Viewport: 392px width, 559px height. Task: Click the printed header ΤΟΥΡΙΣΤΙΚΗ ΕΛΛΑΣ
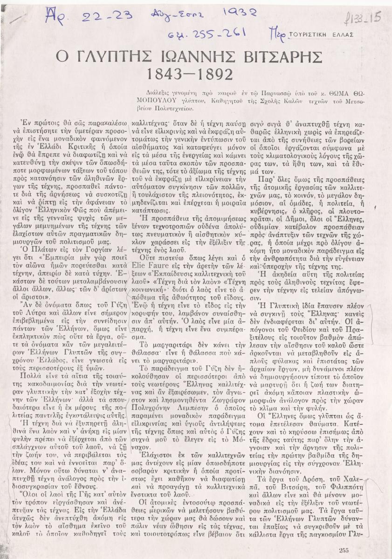click(x=322, y=34)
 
